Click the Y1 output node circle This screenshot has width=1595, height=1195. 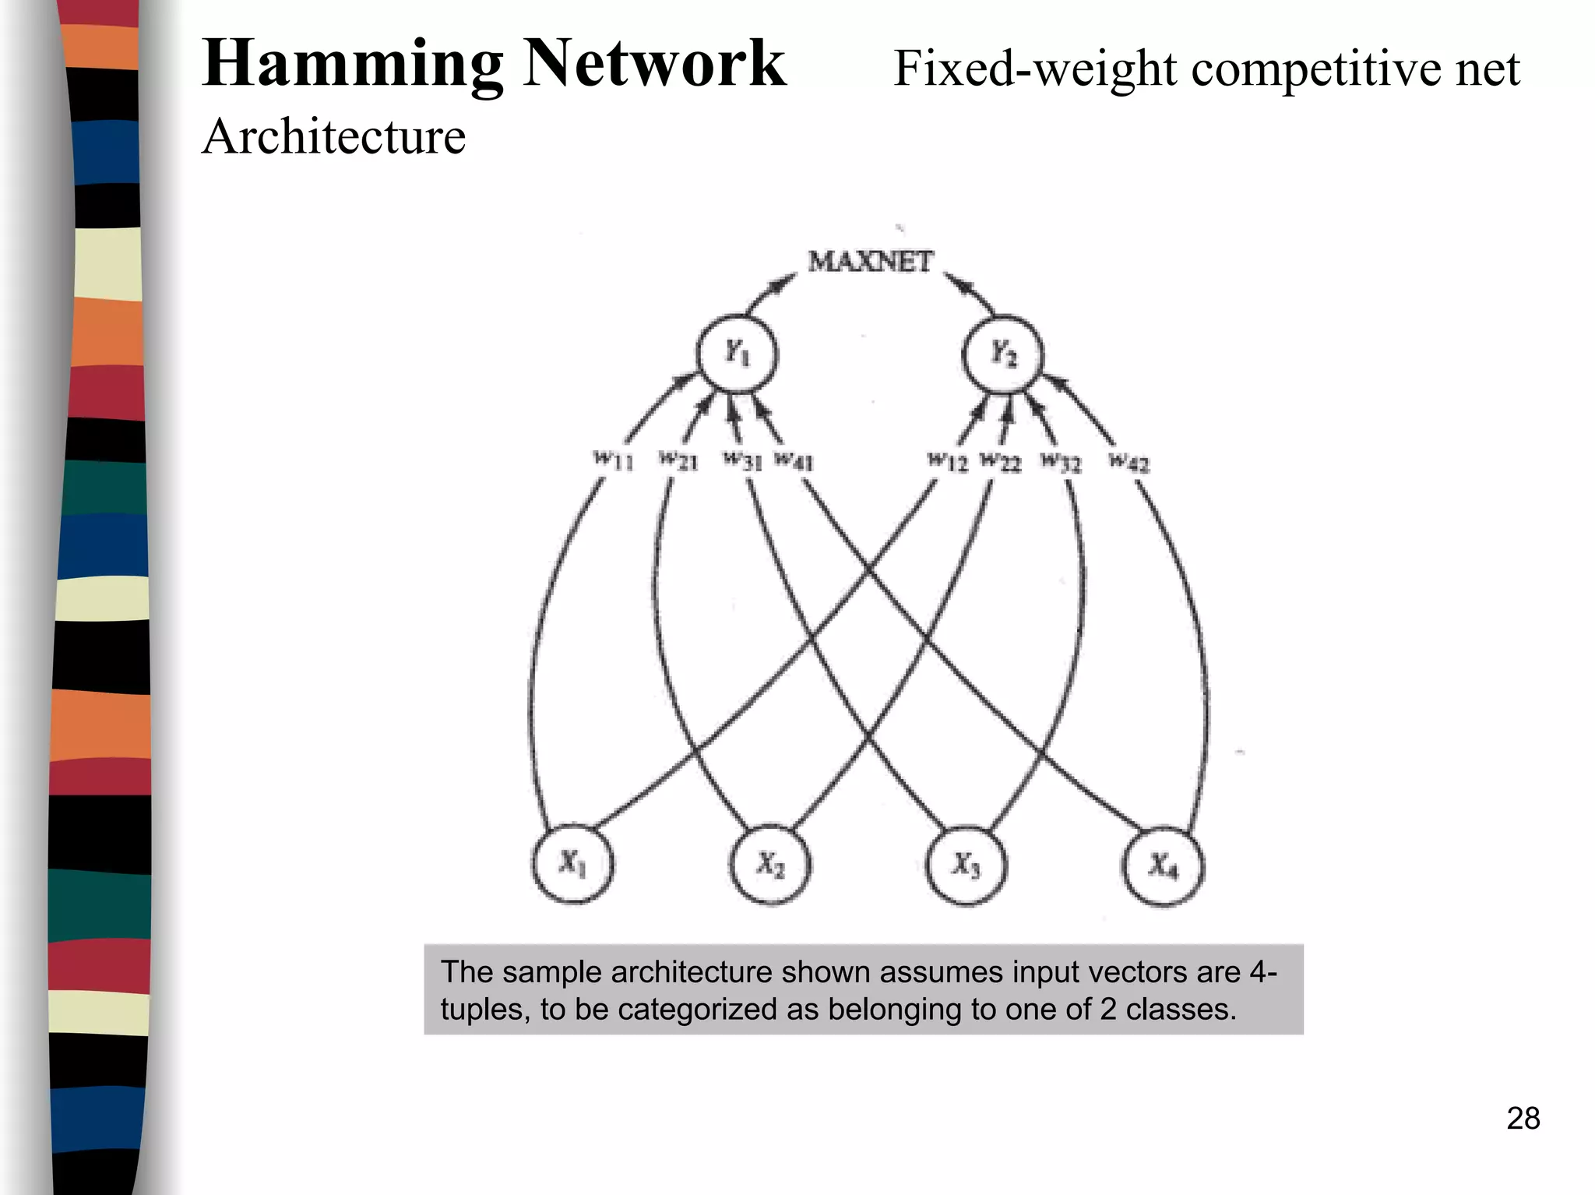pos(737,354)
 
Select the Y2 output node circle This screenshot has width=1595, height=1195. pos(1003,354)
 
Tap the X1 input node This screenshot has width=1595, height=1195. pos(572,864)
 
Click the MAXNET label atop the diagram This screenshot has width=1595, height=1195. pos(870,262)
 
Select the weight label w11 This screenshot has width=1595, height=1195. pos(614,460)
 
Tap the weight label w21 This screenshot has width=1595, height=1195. pos(678,460)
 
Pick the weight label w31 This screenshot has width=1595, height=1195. pos(742,460)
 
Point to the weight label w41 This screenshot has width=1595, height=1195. pos(794,460)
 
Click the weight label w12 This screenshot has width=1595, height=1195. pos(948,461)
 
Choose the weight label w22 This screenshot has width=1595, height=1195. pos(1000,461)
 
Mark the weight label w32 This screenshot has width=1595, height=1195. pos(1062,462)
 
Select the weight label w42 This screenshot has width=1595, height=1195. pos(1128,463)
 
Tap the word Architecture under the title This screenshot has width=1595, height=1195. pos(333,137)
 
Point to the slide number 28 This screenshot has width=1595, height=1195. pos(1523,1119)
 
